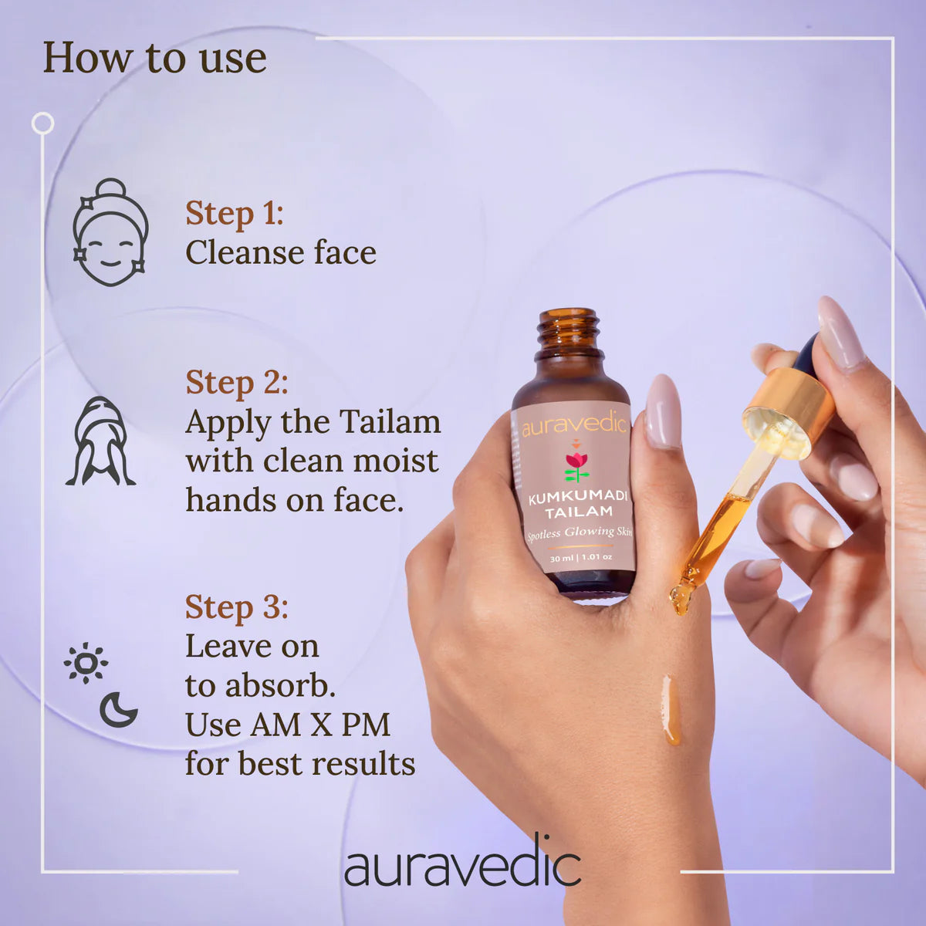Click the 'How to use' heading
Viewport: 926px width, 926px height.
click(x=155, y=58)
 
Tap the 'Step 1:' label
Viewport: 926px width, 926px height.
click(x=235, y=213)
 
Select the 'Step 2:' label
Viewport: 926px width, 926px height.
click(x=237, y=383)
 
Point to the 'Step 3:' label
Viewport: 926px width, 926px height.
click(x=237, y=607)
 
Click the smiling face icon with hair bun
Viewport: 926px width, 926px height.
click(x=110, y=232)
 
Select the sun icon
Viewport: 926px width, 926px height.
click(x=86, y=663)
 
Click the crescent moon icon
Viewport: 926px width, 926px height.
click(x=118, y=710)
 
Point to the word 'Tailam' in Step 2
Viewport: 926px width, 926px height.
click(x=390, y=422)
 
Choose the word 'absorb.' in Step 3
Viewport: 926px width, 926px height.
click(x=280, y=685)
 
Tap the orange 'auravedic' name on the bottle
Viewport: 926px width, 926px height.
click(x=574, y=424)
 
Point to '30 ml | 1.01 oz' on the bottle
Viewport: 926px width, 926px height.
click(x=581, y=558)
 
